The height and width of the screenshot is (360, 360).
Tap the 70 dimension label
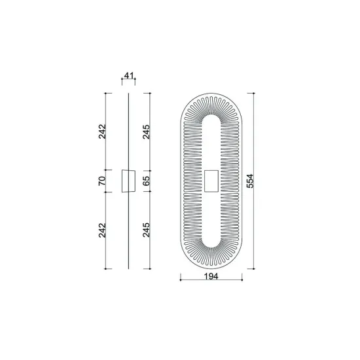102,181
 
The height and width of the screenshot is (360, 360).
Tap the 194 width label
210,277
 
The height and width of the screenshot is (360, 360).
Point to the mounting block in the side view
128,181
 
